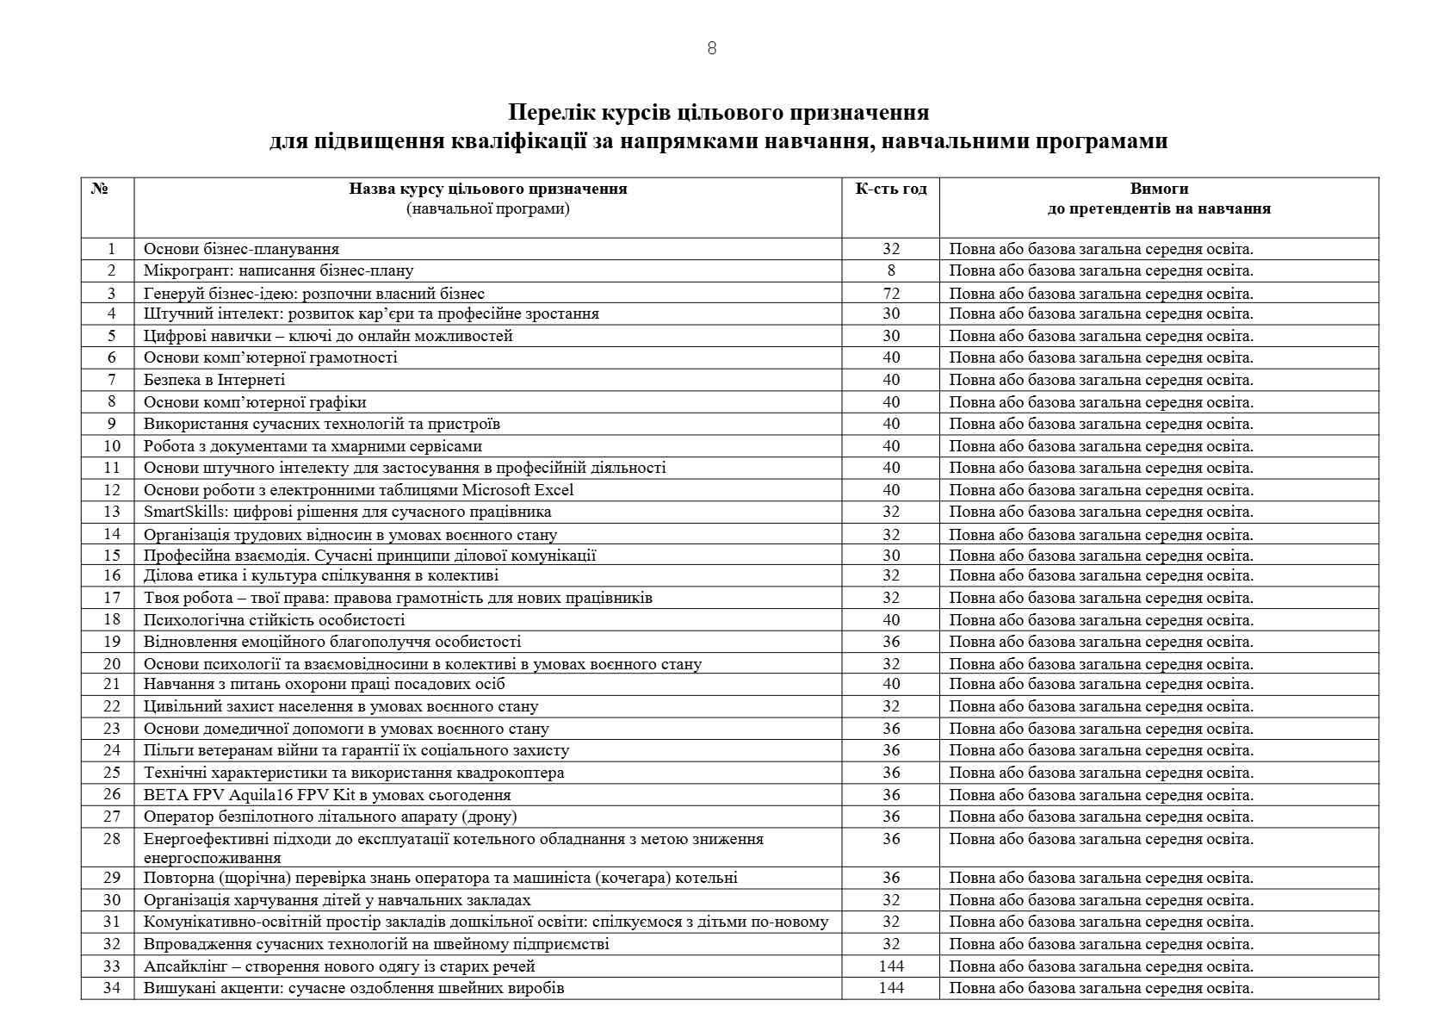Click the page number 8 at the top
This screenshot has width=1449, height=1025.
point(711,48)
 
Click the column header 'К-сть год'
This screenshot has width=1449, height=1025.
point(890,189)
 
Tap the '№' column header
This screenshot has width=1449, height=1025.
point(100,189)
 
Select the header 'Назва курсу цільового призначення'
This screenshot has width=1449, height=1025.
point(487,189)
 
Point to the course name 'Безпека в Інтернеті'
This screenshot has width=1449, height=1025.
point(214,380)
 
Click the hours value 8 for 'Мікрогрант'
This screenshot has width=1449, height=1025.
point(891,270)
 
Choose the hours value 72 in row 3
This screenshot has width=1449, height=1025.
point(891,293)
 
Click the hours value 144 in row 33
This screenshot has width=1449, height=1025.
point(891,966)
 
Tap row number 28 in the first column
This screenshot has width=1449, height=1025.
point(112,838)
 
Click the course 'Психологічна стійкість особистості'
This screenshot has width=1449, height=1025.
point(274,620)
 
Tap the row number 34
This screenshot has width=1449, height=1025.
point(112,988)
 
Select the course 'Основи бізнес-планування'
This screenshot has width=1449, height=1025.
point(241,249)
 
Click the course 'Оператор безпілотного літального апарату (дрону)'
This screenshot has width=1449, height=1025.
point(330,817)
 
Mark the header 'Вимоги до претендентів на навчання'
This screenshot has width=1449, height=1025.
point(1159,198)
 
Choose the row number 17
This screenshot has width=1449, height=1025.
point(112,598)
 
